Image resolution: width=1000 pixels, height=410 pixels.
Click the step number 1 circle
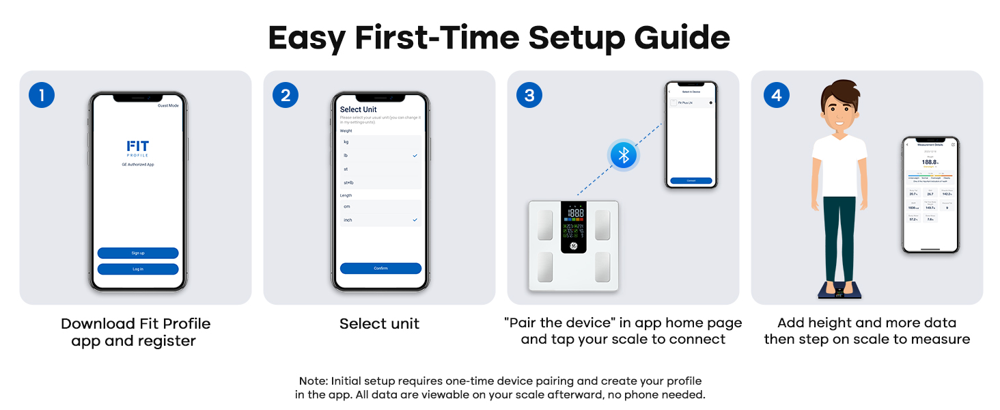42,95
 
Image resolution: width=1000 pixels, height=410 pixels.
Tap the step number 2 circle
286,95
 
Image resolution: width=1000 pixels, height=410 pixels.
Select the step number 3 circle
529,95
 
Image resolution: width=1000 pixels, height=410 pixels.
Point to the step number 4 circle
776,95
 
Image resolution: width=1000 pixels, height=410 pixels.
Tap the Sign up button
138,253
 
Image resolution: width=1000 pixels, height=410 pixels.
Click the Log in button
138,269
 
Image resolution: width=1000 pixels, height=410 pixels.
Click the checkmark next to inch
415,220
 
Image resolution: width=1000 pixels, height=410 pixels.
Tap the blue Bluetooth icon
623,155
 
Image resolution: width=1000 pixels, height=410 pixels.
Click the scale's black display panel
574,227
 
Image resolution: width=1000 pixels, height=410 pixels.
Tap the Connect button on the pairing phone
691,181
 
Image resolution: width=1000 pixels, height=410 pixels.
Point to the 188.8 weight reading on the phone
930,162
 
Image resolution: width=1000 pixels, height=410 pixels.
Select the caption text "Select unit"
379,324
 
